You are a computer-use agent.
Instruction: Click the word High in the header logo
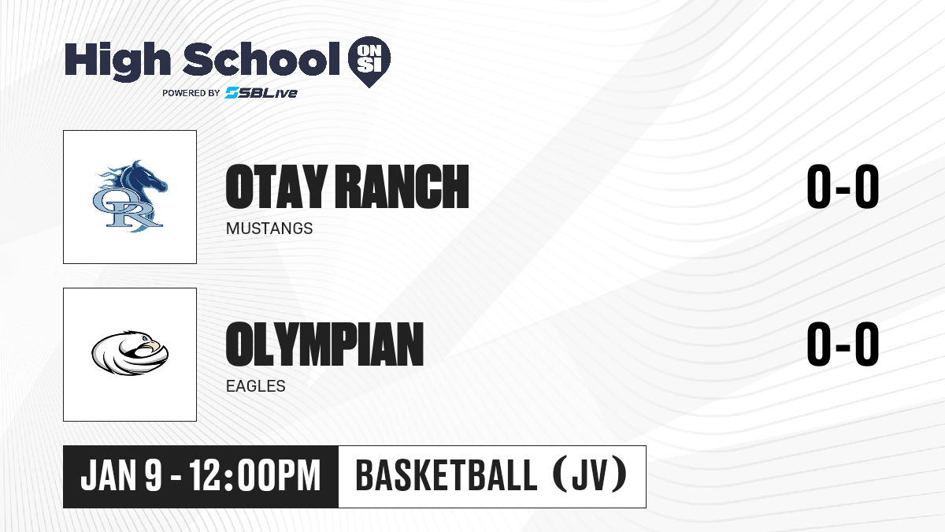coord(117,61)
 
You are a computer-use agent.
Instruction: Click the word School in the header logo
coord(261,58)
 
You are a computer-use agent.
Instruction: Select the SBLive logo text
coord(261,92)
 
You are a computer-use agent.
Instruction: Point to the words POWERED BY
coord(191,93)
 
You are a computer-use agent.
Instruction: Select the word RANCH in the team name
coord(402,186)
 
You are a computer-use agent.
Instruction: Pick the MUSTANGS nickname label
coord(269,229)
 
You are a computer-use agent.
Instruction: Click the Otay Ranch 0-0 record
coord(843,186)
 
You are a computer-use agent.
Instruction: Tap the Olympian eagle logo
coord(130,353)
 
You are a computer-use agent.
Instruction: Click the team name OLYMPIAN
coord(324,344)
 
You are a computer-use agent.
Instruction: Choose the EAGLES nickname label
coord(256,386)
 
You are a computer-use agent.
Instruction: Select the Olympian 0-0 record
coord(843,344)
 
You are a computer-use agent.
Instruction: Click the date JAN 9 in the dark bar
coord(121,475)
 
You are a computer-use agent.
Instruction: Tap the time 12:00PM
coord(255,475)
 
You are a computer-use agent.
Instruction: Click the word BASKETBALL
coord(447,475)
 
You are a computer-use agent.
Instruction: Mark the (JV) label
coord(590,475)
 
